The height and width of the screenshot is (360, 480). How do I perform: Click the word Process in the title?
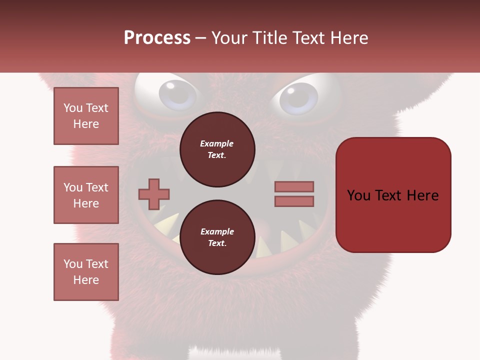157,38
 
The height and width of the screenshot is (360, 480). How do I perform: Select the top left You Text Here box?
86,116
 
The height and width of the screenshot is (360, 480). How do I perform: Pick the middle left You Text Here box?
86,195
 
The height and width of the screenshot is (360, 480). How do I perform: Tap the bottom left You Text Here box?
86,272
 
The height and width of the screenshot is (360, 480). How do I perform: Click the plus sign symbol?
153,193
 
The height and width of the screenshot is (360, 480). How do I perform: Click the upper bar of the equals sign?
294,186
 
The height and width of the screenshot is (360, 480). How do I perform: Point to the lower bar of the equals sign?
294,201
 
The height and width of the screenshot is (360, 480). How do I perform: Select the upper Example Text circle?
217,149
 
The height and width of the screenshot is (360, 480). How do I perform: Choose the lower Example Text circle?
217,237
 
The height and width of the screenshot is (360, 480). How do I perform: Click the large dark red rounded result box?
393,195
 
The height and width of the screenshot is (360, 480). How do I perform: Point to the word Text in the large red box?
390,195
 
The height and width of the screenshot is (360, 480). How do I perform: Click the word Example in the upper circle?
216,143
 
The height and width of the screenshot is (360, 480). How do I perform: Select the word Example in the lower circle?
217,231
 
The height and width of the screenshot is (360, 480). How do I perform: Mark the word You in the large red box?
359,195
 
